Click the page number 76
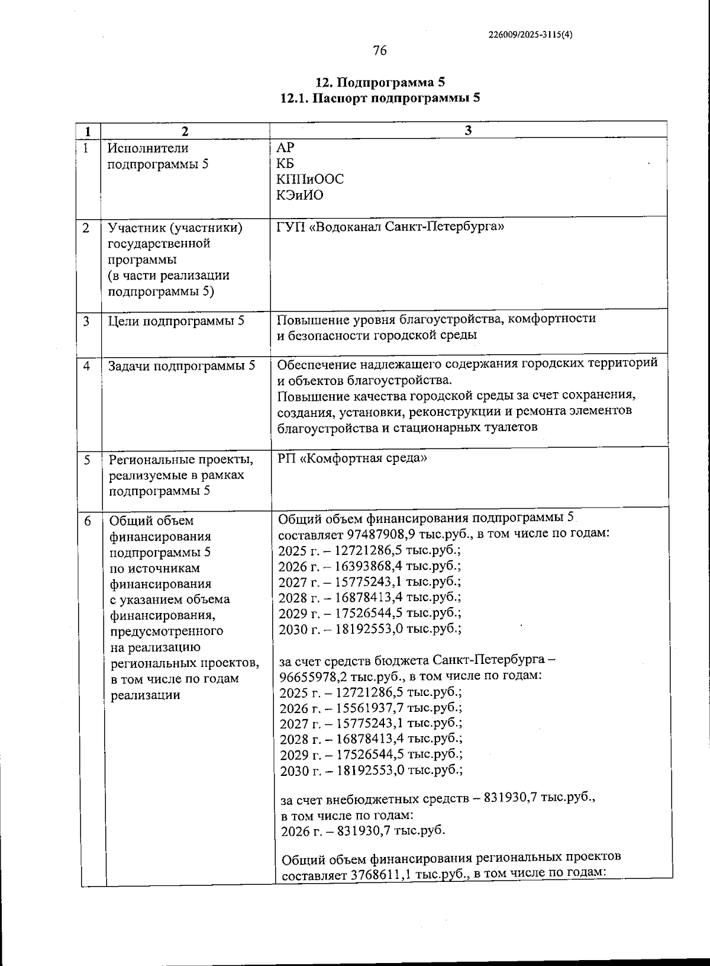(x=380, y=51)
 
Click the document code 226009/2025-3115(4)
(x=531, y=34)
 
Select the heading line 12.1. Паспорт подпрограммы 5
(x=380, y=98)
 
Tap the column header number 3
(x=468, y=131)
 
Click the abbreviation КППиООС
(x=310, y=179)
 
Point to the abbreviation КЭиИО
(x=300, y=195)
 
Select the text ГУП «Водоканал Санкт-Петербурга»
(x=390, y=227)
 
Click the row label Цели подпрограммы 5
(x=176, y=321)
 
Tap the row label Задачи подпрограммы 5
(x=182, y=366)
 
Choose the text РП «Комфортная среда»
(x=351, y=458)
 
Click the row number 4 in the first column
(x=87, y=366)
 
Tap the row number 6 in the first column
(x=88, y=521)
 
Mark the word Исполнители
(x=148, y=148)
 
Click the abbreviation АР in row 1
(x=285, y=148)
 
